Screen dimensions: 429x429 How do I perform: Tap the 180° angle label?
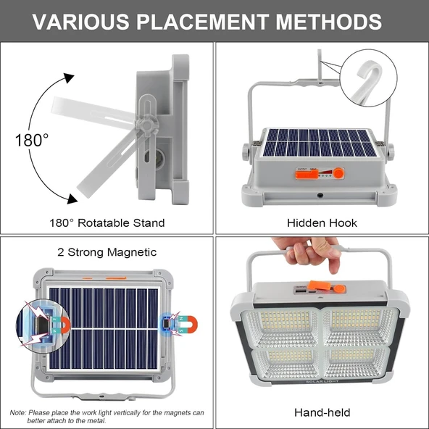[x=33, y=139]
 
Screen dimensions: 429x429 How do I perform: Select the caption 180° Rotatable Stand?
[x=107, y=222]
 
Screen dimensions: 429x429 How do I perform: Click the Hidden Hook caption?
[x=322, y=222]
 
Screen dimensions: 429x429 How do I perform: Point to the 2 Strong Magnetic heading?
[x=107, y=251]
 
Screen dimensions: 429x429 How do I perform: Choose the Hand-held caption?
[x=322, y=412]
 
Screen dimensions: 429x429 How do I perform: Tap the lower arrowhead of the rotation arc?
[x=72, y=199]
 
